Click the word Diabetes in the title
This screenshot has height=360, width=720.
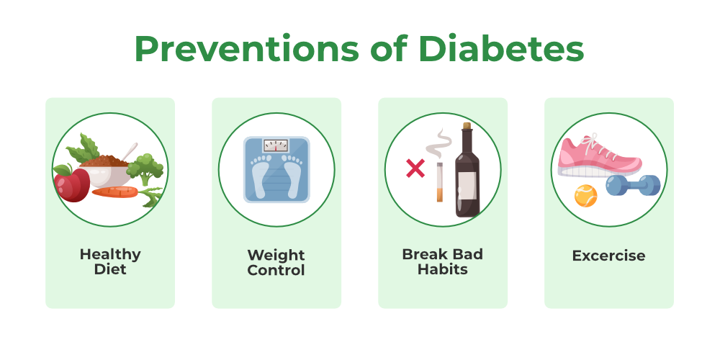(501, 48)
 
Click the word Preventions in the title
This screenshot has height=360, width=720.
(246, 48)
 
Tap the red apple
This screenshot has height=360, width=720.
(71, 183)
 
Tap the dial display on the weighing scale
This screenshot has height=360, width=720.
(276, 146)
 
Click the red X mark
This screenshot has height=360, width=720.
(415, 168)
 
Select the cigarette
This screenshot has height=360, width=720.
(439, 182)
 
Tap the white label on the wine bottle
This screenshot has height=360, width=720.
(467, 186)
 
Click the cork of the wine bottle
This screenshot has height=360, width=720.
(467, 125)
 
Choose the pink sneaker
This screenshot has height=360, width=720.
(600, 156)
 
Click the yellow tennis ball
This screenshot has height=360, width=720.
(586, 196)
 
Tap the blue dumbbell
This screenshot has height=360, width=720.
(633, 186)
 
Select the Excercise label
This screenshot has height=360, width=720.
(608, 256)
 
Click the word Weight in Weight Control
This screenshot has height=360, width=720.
(276, 256)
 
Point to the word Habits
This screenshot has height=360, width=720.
(443, 269)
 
